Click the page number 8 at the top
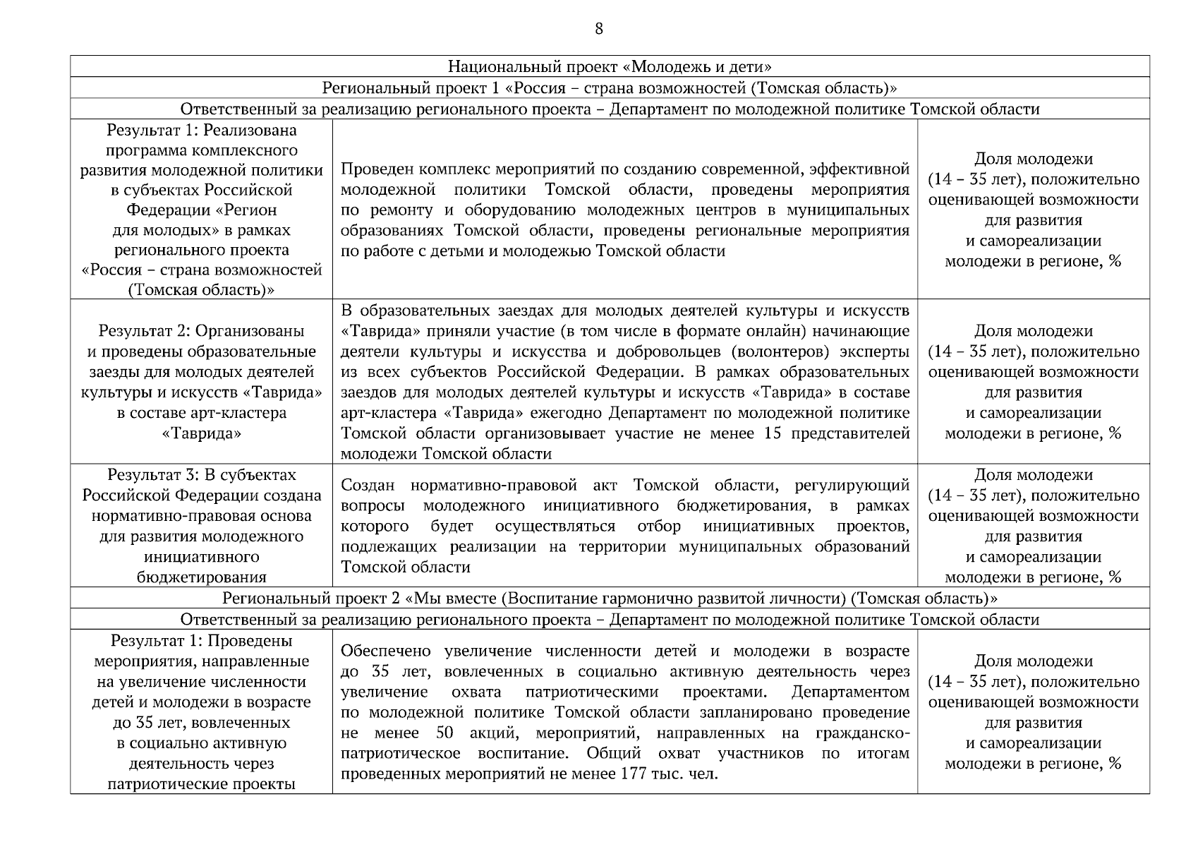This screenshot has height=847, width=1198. click(x=599, y=29)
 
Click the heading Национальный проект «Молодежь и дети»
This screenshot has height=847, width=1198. click(x=610, y=67)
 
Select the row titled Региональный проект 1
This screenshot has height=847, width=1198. click(x=610, y=88)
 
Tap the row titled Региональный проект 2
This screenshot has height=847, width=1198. click(x=610, y=599)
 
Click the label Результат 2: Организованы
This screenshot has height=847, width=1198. click(x=202, y=331)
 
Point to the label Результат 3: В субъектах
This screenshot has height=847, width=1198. click(x=202, y=475)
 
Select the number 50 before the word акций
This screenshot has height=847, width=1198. click(x=444, y=733)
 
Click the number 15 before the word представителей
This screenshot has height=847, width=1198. click(x=773, y=433)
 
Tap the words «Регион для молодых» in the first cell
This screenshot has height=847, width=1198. click(x=202, y=220)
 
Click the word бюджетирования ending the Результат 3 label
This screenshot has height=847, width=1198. click(x=202, y=577)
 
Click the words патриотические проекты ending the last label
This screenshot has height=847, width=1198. click(x=202, y=784)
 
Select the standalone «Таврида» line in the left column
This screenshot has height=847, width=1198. click(x=202, y=433)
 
